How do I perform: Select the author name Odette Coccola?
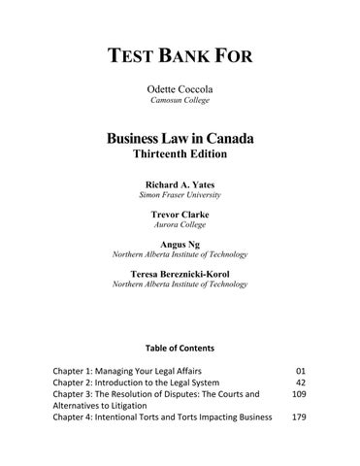point(180,89)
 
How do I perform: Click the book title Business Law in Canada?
point(180,138)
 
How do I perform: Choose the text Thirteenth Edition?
point(180,155)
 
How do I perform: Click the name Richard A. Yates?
point(180,183)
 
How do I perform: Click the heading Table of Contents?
point(180,347)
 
